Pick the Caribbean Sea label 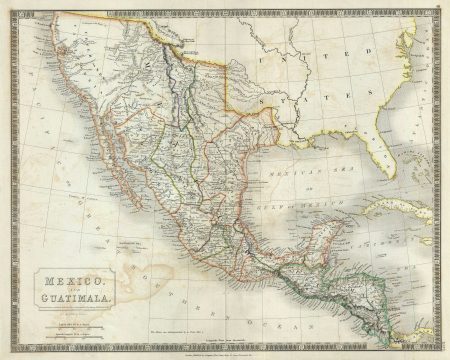pos(400,241)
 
